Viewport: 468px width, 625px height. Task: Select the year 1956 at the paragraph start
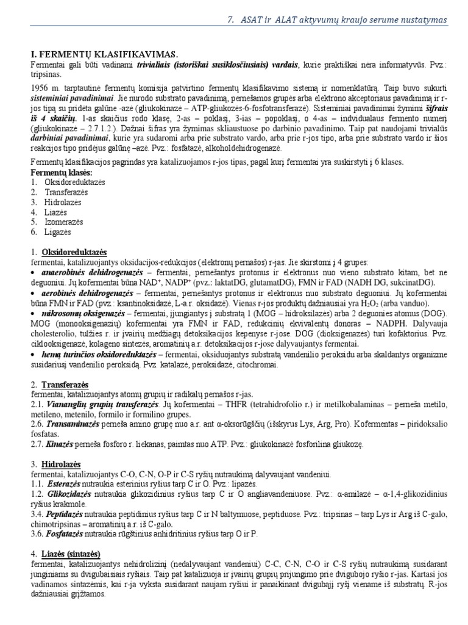tap(41, 88)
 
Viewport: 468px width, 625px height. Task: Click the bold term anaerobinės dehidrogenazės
tap(92, 271)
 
